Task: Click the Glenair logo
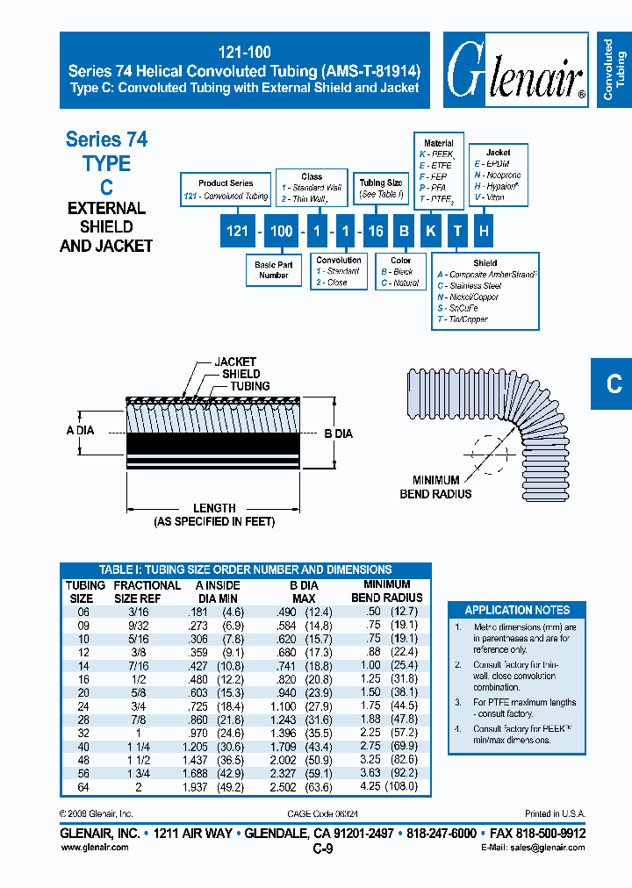point(515,70)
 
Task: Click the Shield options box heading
point(485,262)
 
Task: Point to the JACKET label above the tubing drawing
point(235,362)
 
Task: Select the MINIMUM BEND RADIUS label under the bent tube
point(435,487)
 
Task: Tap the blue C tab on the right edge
point(614,383)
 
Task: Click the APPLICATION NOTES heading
point(517,610)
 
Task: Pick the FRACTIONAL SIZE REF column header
point(147,591)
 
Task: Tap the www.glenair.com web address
point(94,848)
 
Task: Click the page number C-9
point(322,849)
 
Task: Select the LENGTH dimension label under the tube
point(214,508)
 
